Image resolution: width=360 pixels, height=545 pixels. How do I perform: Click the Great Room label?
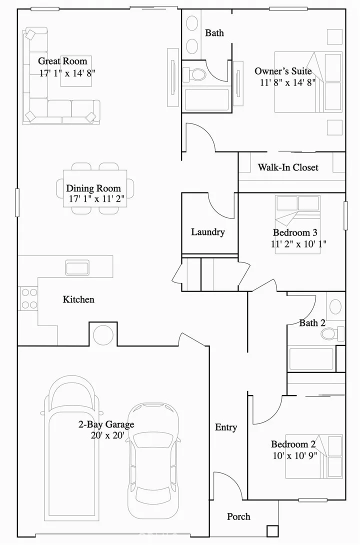(62, 61)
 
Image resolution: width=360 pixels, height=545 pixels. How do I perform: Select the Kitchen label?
(78, 299)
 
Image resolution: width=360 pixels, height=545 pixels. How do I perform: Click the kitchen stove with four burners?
(28, 298)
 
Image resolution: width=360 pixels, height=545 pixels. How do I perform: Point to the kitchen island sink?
(77, 267)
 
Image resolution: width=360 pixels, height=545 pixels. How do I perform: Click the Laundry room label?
(207, 232)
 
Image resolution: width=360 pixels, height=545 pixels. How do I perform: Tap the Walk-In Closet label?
(287, 167)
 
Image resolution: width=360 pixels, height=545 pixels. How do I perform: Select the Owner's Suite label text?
(283, 71)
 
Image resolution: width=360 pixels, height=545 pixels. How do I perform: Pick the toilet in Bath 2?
(339, 332)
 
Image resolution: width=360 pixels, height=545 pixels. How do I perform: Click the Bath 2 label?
(312, 323)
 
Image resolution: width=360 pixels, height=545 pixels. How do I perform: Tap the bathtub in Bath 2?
(311, 359)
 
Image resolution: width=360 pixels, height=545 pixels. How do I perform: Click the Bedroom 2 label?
(293, 444)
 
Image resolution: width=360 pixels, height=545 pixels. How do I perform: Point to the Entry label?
(226, 427)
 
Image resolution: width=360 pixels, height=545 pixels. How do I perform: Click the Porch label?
(238, 516)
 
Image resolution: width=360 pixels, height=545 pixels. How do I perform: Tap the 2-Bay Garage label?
(105, 425)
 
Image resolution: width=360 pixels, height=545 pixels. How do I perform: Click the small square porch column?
(272, 531)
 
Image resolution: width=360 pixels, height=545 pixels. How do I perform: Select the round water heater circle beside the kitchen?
(103, 334)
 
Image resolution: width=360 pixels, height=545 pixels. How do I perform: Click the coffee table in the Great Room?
(76, 71)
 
